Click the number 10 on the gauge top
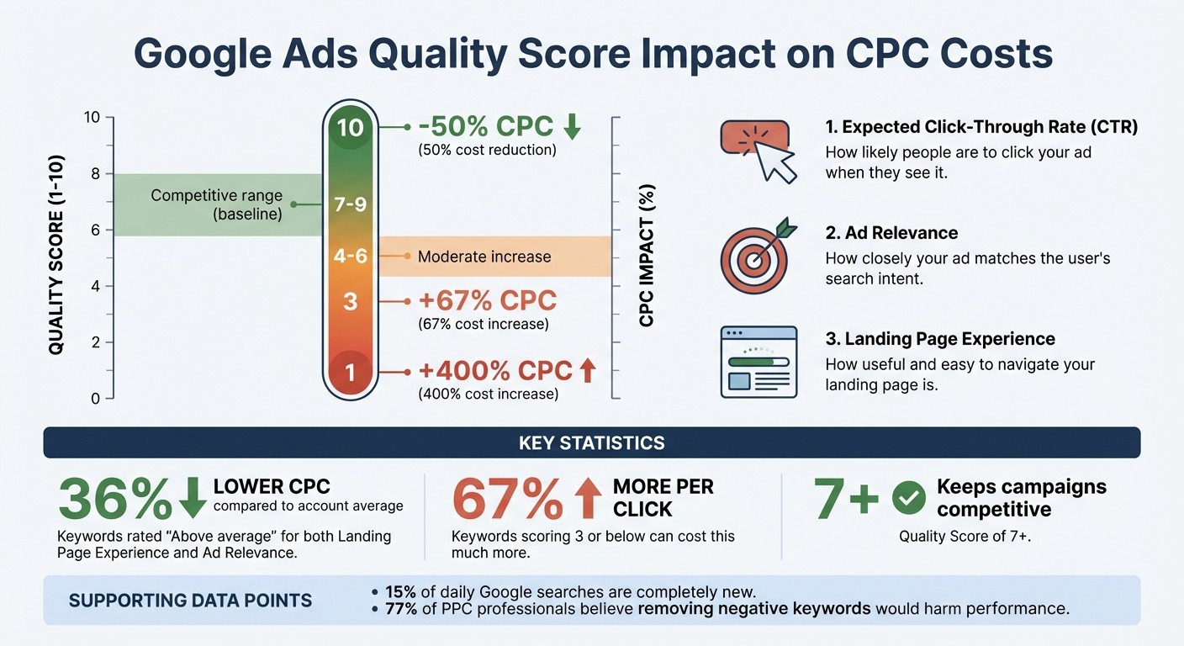click(x=351, y=128)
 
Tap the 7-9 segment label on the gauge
click(x=351, y=204)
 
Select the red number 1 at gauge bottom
click(x=351, y=372)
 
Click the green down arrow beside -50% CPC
click(x=572, y=127)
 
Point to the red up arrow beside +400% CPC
click(x=587, y=370)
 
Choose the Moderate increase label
click(x=484, y=257)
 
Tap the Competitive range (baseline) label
click(x=216, y=204)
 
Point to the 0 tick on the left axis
click(x=96, y=398)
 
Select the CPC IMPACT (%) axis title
click(x=646, y=256)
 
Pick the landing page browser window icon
click(x=758, y=362)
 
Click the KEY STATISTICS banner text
click(x=592, y=442)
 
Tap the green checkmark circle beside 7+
click(x=908, y=498)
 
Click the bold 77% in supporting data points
click(x=401, y=608)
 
